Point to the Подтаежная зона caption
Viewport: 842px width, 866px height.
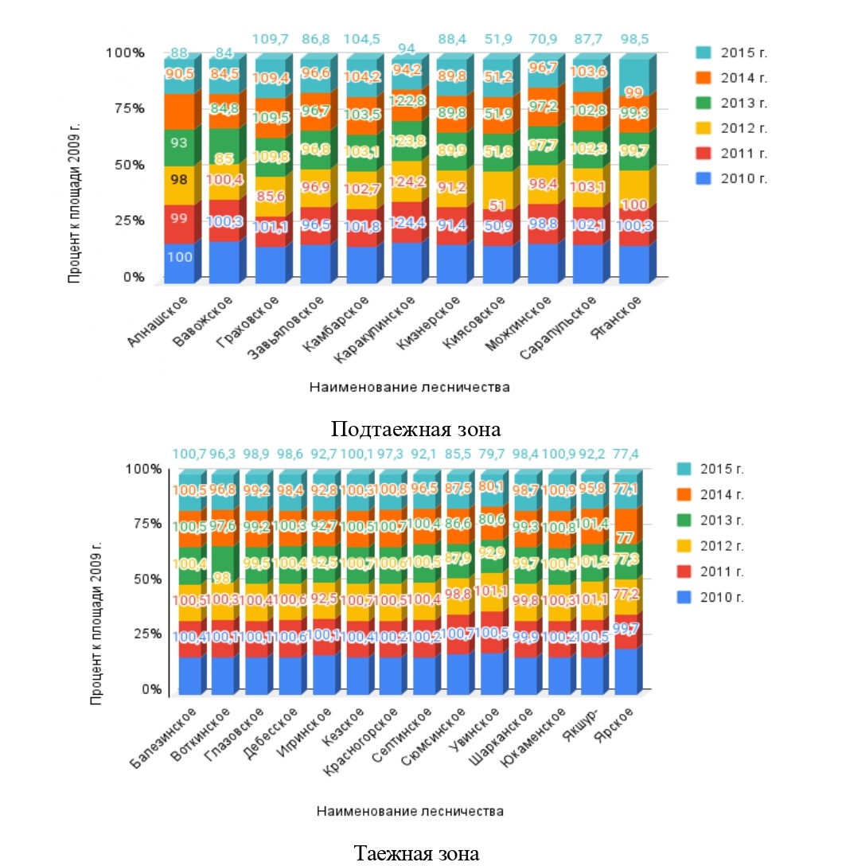click(x=415, y=430)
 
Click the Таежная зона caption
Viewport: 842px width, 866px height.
click(x=417, y=854)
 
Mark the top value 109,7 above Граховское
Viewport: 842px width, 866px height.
click(x=271, y=37)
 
